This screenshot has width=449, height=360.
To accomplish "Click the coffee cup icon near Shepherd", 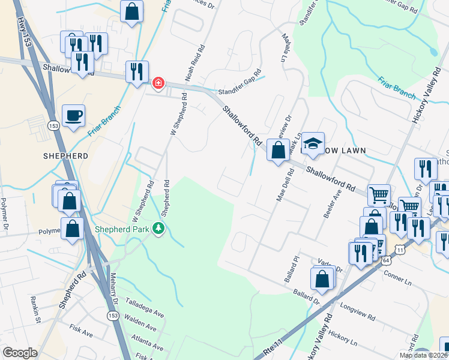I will tap(74, 115).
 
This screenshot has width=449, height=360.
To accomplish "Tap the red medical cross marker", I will tap(158, 83).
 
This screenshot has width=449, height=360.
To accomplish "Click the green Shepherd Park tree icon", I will tap(158, 229).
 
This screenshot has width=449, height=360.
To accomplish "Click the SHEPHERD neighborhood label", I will tap(66, 155).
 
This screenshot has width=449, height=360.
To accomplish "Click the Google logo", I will tap(20, 353).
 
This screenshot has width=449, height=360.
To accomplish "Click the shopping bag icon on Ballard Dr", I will tap(322, 280).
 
